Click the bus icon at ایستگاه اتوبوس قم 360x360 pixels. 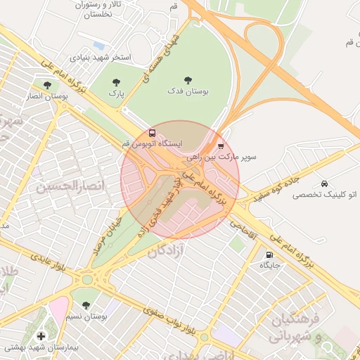pyautogui.click(x=153, y=133)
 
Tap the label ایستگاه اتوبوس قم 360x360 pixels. pyautogui.click(x=152, y=143)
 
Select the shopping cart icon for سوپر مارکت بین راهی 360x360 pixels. pyautogui.click(x=221, y=146)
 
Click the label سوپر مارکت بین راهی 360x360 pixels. pyautogui.click(x=230, y=157)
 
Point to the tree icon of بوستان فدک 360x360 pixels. pyautogui.click(x=188, y=80)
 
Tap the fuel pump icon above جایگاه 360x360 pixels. pyautogui.click(x=269, y=255)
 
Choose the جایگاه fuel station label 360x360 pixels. pyautogui.click(x=270, y=265)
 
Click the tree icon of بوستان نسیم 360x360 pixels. pyautogui.click(x=86, y=306)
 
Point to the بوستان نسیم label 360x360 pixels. pyautogui.click(x=87, y=317)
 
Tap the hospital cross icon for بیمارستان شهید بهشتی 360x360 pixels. pyautogui.click(x=41, y=336)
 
